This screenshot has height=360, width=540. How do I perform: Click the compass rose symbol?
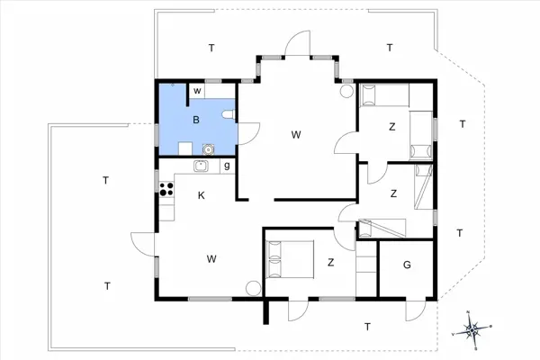[473, 329]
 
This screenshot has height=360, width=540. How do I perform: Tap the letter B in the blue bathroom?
[194, 119]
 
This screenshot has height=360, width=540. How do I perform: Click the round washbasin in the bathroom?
[209, 149]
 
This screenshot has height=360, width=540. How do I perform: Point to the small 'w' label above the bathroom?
[195, 90]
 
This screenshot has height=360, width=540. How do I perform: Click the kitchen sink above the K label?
[202, 166]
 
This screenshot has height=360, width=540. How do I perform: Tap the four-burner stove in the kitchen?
[166, 189]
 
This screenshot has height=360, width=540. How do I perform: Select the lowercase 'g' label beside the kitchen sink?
[227, 166]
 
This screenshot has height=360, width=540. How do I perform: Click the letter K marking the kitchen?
[202, 195]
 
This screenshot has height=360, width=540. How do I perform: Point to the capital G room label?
[407, 265]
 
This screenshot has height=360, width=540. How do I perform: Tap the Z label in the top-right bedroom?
[391, 127]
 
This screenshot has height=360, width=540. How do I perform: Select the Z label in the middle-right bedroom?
[393, 193]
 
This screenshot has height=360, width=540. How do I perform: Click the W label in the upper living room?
[295, 134]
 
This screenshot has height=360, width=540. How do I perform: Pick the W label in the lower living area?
[211, 259]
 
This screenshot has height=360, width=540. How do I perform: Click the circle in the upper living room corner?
[347, 90]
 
